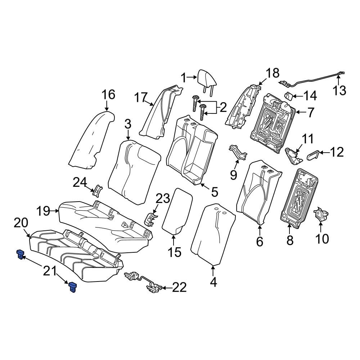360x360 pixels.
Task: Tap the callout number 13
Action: tap(339, 90)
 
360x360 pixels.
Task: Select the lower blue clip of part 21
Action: tap(73, 287)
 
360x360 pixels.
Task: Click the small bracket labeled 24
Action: tap(98, 189)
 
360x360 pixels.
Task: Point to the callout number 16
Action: tap(108, 95)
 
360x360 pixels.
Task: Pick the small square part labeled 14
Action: tap(289, 96)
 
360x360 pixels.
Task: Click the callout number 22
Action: tap(179, 287)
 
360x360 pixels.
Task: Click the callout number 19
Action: tap(44, 211)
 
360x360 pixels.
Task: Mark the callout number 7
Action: tap(311, 113)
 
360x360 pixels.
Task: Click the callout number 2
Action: tap(223, 107)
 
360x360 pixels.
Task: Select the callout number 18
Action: tap(272, 73)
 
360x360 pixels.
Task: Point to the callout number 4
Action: tap(213, 283)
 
